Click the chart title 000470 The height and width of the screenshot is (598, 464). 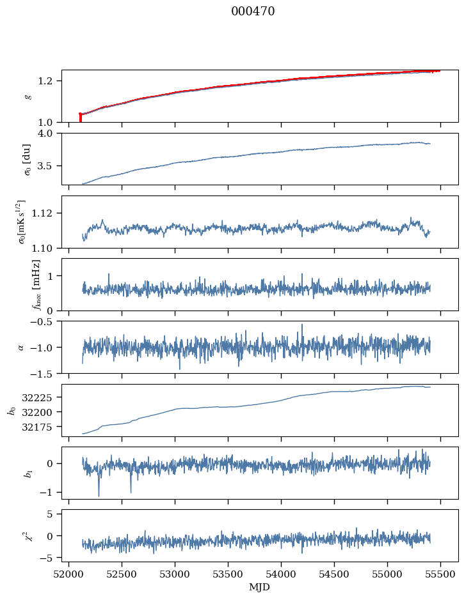click(253, 11)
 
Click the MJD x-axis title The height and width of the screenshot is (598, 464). click(260, 587)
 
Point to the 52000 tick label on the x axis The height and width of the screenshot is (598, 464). click(69, 574)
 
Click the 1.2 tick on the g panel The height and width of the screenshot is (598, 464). click(49, 80)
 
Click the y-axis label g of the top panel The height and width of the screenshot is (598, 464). click(28, 96)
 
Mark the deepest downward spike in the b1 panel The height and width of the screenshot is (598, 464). click(99, 495)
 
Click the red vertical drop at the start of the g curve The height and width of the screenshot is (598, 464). click(80, 118)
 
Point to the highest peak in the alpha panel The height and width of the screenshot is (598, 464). click(302, 325)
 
